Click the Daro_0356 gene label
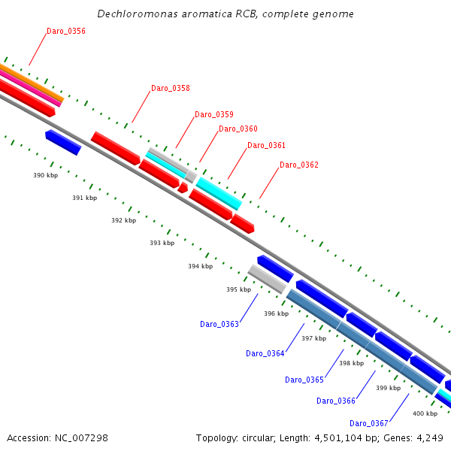click(66, 32)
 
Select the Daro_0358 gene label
click(171, 89)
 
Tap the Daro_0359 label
click(214, 115)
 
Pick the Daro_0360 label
click(238, 129)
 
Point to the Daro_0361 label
click(267, 146)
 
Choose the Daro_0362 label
click(299, 165)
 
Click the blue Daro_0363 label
click(219, 325)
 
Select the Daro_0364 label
click(265, 354)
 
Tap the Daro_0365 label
click(304, 380)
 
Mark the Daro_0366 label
click(336, 401)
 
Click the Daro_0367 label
click(369, 424)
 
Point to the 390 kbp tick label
click(45, 175)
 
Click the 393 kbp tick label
click(162, 244)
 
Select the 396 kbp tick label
click(276, 314)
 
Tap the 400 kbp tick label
click(425, 414)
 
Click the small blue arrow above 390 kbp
click(63, 142)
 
